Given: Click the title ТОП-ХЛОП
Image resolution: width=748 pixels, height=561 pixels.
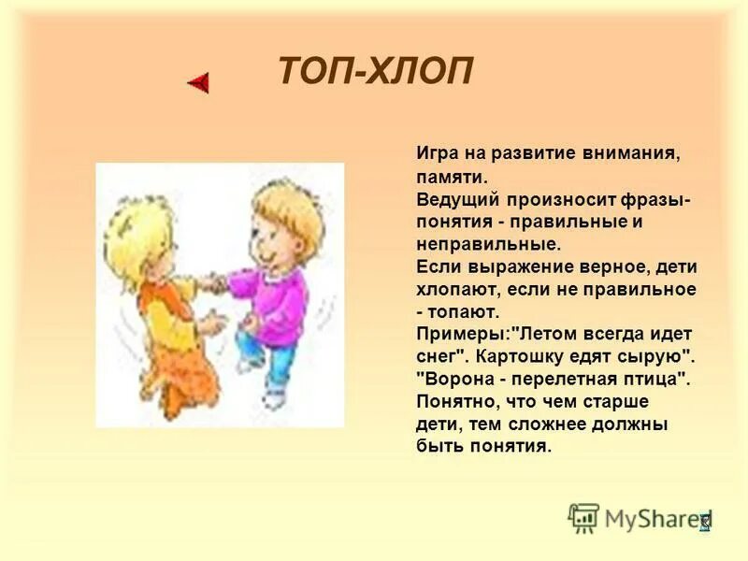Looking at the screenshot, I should pyautogui.click(x=376, y=72).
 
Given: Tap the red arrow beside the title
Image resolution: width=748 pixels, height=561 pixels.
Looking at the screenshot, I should pyautogui.click(x=198, y=82).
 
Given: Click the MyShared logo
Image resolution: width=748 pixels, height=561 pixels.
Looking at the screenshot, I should pyautogui.click(x=640, y=517).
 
